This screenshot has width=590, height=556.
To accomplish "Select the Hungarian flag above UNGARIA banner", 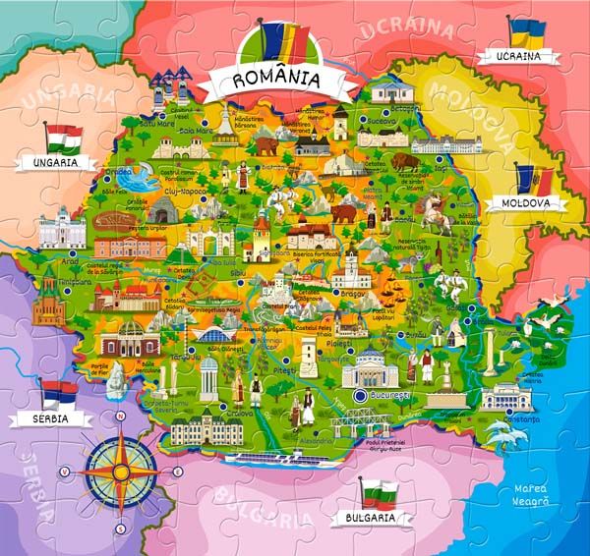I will [x=65, y=137].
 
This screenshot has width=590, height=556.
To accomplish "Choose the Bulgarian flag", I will [x=379, y=492].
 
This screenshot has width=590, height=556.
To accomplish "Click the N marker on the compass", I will [x=121, y=417].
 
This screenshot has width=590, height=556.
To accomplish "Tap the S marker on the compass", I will [x=120, y=528].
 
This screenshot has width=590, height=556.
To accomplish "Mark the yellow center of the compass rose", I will [x=121, y=472].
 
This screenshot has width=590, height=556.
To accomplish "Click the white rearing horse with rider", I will [x=433, y=209].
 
